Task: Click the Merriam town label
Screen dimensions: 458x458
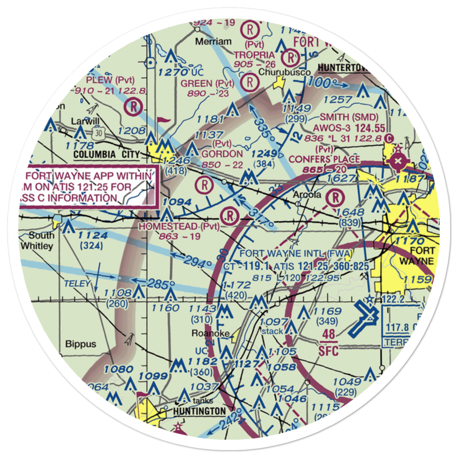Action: point(213,42)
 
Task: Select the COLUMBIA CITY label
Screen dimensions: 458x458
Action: point(106,155)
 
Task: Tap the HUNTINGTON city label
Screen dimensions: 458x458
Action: point(200,411)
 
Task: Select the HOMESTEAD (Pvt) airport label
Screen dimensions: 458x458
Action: point(179,226)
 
